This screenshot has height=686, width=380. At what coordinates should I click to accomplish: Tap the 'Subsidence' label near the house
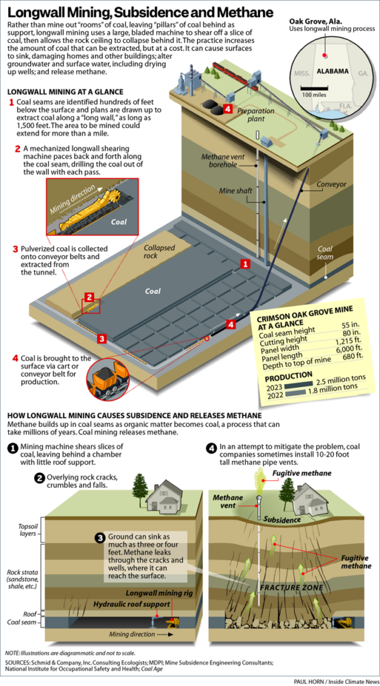click(x=280, y=519)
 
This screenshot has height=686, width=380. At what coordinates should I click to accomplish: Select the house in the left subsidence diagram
click(x=164, y=497)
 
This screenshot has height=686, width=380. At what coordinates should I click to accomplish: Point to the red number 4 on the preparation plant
click(x=228, y=109)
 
